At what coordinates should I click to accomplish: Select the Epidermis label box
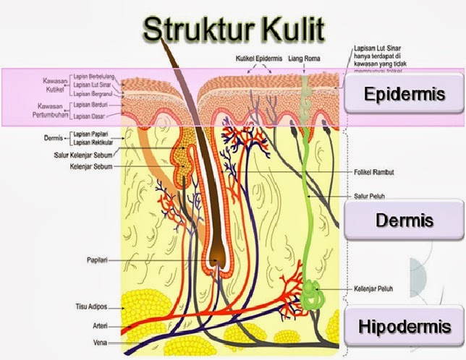click(x=403, y=95)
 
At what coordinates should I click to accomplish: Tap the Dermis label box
click(x=403, y=220)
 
